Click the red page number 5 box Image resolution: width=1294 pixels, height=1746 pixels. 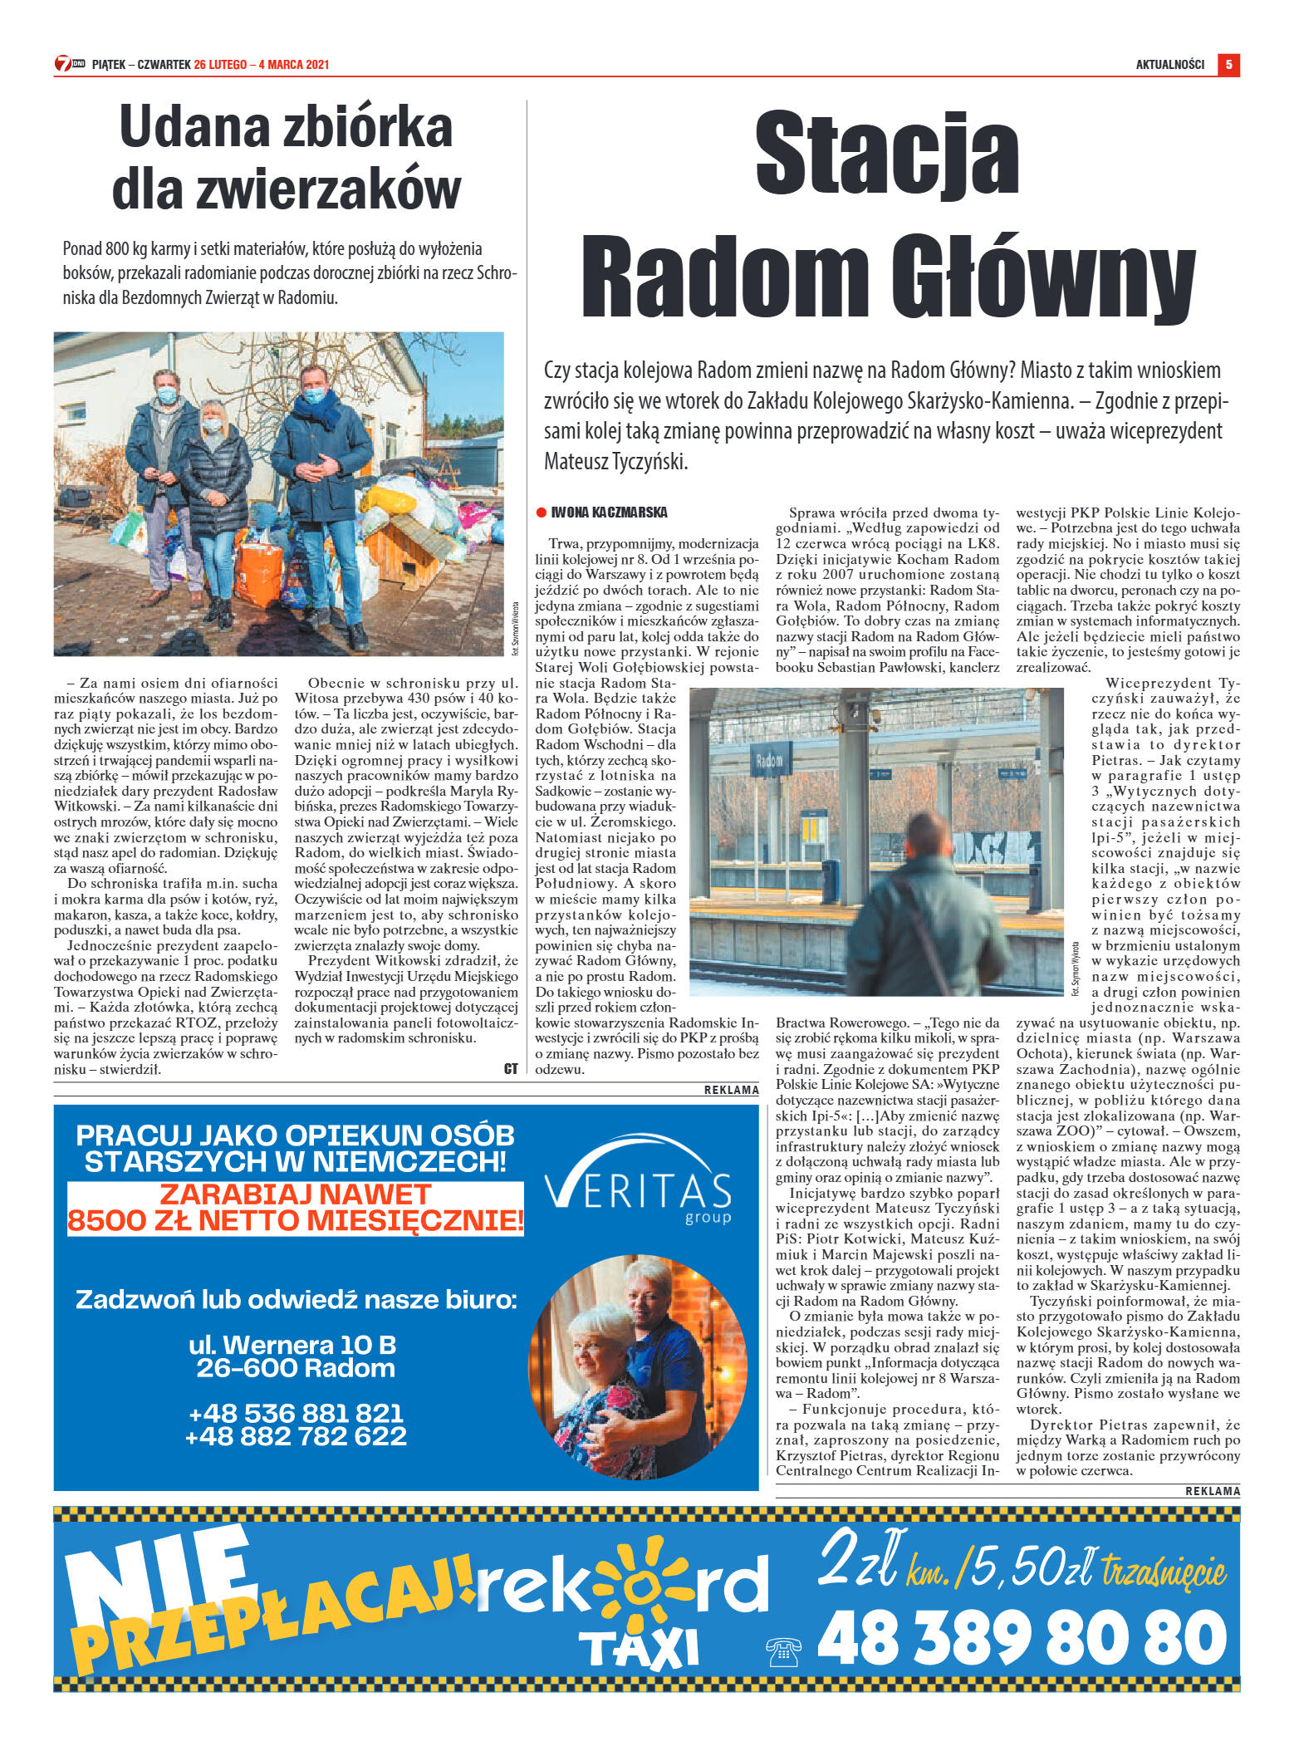tap(1228, 65)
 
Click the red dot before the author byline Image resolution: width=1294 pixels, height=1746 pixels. tap(542, 513)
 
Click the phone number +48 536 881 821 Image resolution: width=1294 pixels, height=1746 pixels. tap(296, 1412)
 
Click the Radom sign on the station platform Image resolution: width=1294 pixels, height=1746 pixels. tap(768, 760)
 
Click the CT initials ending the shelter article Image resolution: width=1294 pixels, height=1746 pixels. tap(511, 1069)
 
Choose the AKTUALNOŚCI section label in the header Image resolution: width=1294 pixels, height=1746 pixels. tap(1169, 65)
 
